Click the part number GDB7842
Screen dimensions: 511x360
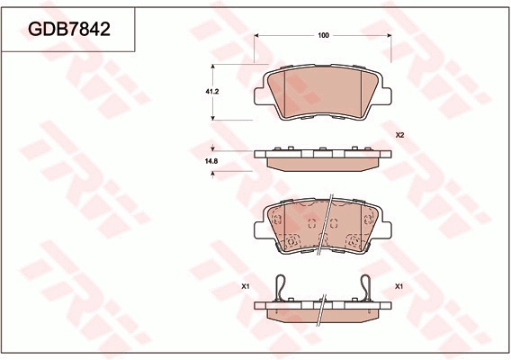pyautogui.click(x=69, y=29)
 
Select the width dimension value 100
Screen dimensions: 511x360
pyautogui.click(x=323, y=35)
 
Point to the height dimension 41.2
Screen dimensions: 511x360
pyautogui.click(x=211, y=92)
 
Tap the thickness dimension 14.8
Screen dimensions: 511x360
pyautogui.click(x=211, y=161)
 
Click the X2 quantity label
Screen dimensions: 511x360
pyautogui.click(x=399, y=135)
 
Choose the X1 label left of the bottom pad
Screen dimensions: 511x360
pyautogui.click(x=246, y=286)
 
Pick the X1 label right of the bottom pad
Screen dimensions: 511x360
pyautogui.click(x=399, y=286)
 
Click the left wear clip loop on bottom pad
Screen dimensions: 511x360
pyautogui.click(x=281, y=287)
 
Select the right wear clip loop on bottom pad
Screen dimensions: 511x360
pyautogui.click(x=366, y=287)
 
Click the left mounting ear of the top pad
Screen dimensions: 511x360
pyautogui.click(x=259, y=96)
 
